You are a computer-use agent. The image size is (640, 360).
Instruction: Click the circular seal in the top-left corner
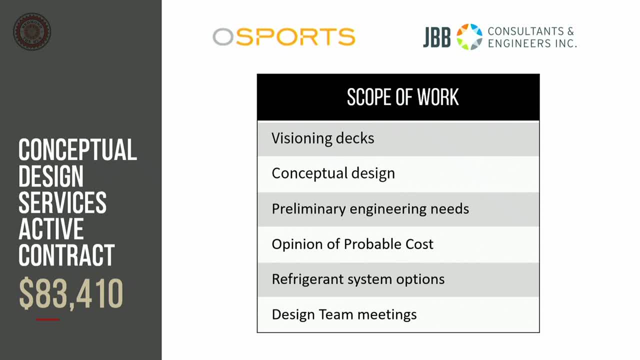(32, 31)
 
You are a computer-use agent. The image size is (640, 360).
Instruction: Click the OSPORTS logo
(284, 37)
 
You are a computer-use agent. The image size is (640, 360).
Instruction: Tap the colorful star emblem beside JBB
(469, 37)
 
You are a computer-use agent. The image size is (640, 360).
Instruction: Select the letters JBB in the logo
(436, 37)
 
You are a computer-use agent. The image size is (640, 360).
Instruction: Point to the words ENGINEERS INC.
(532, 43)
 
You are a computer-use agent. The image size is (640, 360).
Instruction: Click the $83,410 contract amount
(71, 293)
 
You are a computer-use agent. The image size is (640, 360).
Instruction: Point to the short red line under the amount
(48, 319)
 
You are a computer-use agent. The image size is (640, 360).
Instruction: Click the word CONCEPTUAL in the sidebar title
(77, 150)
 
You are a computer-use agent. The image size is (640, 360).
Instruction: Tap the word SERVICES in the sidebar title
(62, 202)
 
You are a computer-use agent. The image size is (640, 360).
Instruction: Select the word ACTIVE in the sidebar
(51, 229)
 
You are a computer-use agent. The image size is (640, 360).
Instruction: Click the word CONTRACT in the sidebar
(66, 255)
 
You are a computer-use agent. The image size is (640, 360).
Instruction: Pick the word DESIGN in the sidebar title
(51, 176)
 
